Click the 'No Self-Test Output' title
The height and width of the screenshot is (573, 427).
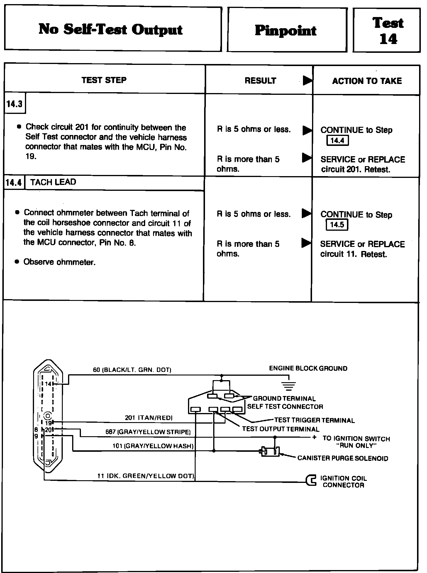pos(111,30)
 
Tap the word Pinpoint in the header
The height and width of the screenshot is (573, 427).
pos(285,31)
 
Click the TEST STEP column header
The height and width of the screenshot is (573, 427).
pos(104,80)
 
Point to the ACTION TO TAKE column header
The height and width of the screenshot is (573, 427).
pos(367,81)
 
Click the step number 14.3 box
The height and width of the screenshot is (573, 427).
pos(15,104)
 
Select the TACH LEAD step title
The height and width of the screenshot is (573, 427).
pos(53,182)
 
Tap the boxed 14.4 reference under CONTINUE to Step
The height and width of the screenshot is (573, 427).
pos(337,141)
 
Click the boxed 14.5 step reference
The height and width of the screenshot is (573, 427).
pos(337,225)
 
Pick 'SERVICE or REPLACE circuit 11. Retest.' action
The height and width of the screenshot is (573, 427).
pos(362,249)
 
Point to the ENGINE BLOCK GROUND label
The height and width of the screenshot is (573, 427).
pos(308,368)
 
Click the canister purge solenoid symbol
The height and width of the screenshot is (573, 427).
pos(270,451)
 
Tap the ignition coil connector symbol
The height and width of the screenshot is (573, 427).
pos(311,481)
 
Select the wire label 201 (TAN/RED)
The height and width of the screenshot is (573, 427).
pos(149,418)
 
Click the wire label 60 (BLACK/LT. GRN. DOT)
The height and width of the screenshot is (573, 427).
pos(132,370)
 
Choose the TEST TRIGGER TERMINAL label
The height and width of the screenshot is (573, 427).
pos(314,420)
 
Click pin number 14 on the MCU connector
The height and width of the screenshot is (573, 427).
pos(48,384)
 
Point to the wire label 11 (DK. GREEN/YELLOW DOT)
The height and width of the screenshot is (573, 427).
pos(146,476)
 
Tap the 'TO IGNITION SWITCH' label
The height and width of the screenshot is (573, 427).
pos(356,439)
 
